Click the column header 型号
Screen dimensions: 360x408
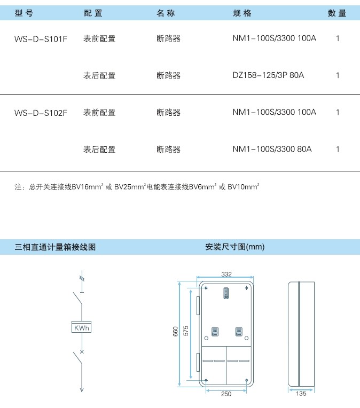point(24,13)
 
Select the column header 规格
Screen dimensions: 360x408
point(242,13)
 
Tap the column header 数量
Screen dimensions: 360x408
point(337,13)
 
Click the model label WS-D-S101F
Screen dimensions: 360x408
point(41,39)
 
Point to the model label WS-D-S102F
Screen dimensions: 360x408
point(41,113)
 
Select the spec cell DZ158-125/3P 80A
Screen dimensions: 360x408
point(268,75)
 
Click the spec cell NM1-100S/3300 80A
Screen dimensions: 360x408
point(272,149)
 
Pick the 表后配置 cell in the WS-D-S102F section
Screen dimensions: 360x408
point(99,150)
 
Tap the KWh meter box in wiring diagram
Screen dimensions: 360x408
point(82,327)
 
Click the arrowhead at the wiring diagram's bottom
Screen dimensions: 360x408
point(82,389)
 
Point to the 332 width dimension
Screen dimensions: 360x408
point(226,274)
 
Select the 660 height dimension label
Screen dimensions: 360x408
point(176,331)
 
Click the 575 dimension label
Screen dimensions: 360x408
point(186,331)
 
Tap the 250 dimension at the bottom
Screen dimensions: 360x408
point(226,394)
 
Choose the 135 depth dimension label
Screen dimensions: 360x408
point(301,394)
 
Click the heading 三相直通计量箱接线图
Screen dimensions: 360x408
point(55,247)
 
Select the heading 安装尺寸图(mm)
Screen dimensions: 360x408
point(235,247)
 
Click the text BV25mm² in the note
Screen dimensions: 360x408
point(130,186)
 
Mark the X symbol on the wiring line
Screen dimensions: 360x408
point(82,352)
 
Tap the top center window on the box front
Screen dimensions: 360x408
point(226,293)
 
